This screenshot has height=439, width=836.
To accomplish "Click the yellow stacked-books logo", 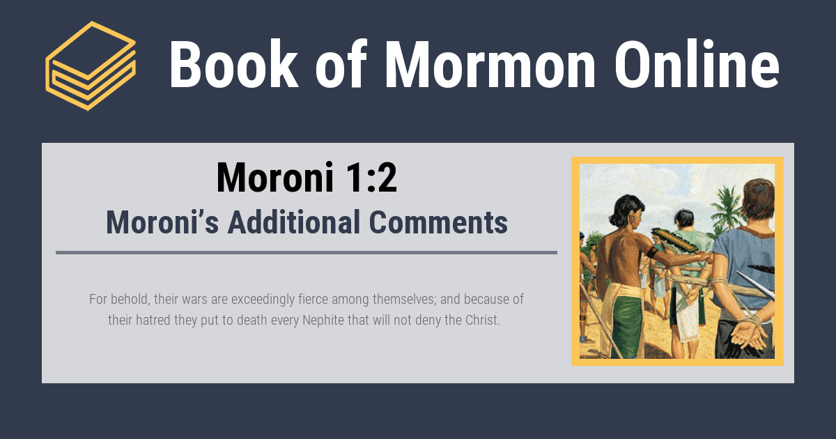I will pos(90,66).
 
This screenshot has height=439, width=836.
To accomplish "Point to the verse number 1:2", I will pos(362,178).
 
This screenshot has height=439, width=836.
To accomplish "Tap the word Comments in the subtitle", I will pos(438,222).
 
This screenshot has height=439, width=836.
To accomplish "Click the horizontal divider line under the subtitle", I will pos(307,252).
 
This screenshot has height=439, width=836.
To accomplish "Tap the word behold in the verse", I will pos(130,300).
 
